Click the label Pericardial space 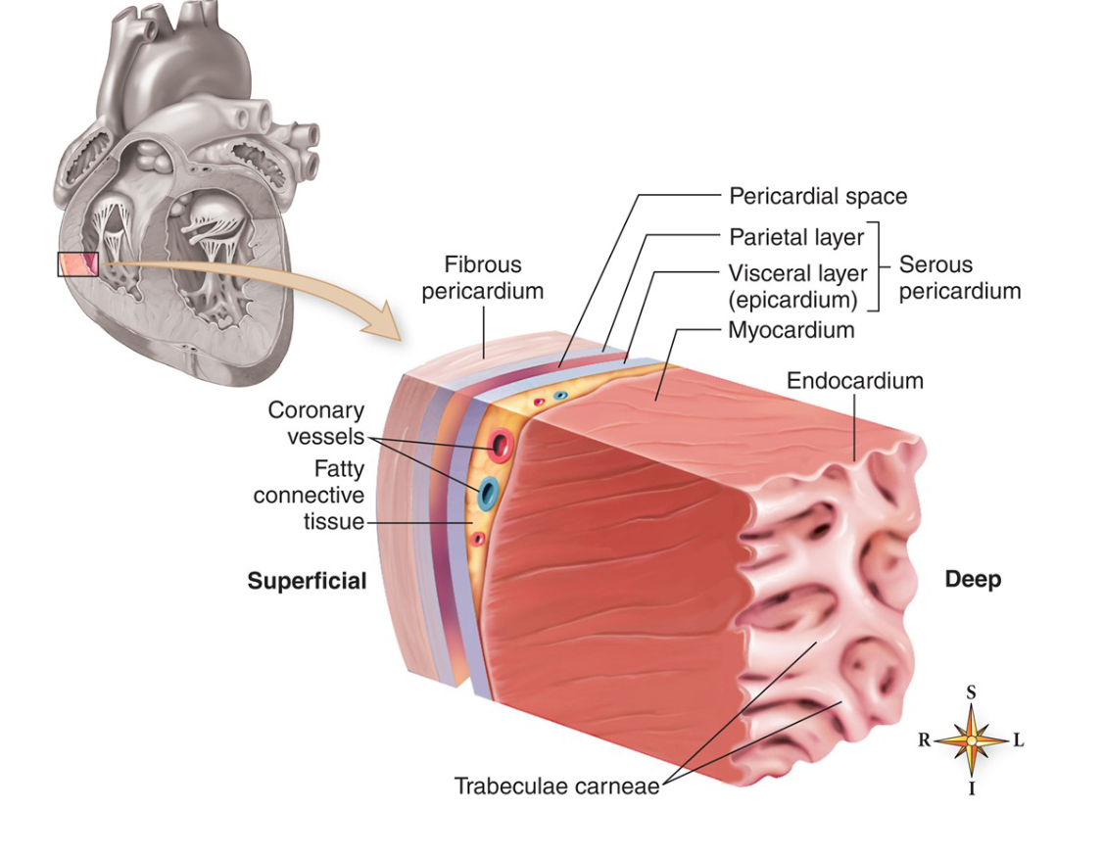818,196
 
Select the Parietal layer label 796,237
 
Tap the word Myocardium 791,330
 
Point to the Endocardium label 855,380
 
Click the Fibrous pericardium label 483,278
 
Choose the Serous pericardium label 959,277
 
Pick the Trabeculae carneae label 556,786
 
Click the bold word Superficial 307,581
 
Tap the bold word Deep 973,580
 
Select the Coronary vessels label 315,423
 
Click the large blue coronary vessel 487,493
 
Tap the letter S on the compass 971,692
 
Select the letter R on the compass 924,740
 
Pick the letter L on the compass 1018,740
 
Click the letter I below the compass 972,788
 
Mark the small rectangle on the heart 77,263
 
